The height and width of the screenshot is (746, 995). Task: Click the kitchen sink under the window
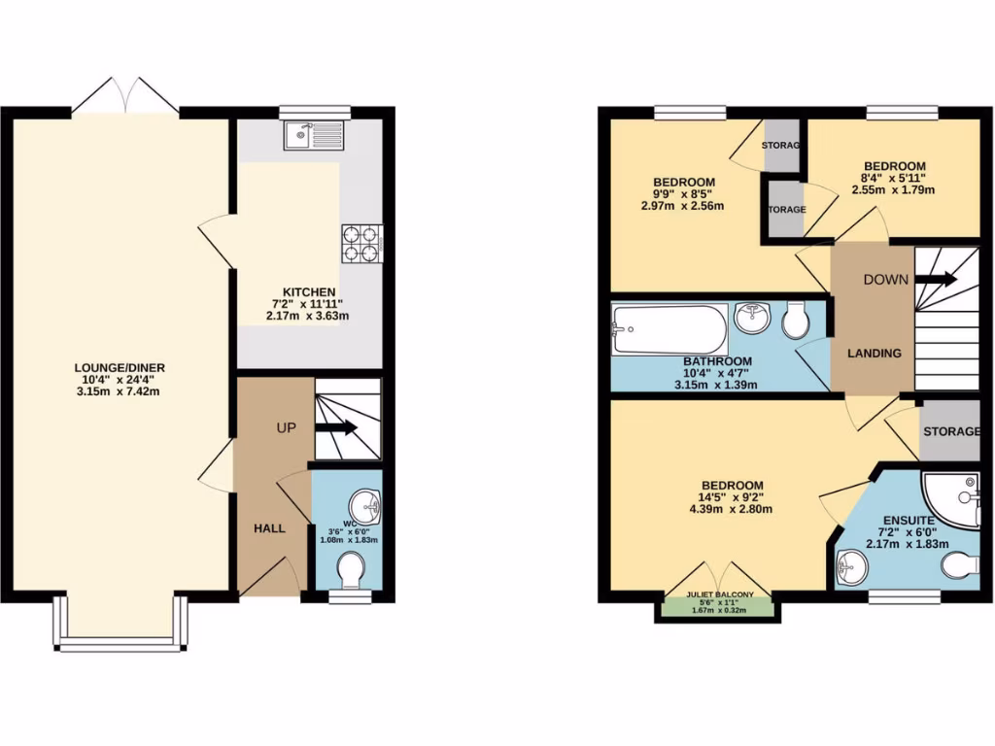313,136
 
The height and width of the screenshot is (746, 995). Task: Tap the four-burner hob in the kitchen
360,244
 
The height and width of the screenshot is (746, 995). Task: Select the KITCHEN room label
309,292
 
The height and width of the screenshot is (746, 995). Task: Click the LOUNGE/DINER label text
120,367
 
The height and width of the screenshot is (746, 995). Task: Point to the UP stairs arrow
340,427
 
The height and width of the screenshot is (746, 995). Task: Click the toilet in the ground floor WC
349,568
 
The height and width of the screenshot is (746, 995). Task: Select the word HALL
269,528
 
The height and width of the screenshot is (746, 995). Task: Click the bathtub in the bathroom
669,328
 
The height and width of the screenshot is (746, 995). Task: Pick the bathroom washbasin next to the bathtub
753,317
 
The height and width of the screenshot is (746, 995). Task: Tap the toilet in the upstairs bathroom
796,322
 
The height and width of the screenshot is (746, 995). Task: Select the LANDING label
874,353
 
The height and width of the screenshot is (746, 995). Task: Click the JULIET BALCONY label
714,593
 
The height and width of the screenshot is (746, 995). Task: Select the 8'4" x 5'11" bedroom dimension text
893,178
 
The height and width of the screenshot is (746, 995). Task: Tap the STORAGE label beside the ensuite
951,431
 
